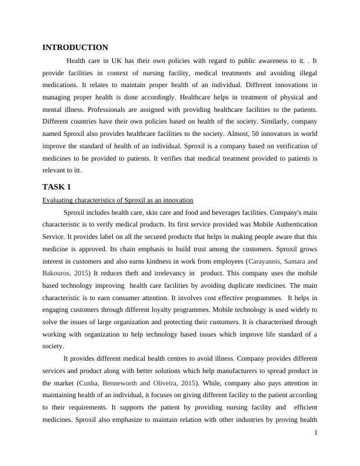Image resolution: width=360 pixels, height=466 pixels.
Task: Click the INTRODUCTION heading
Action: point(75,47)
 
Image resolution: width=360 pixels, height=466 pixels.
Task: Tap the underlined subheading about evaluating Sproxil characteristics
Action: point(118,200)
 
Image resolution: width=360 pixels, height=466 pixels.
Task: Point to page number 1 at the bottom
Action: point(316,433)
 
